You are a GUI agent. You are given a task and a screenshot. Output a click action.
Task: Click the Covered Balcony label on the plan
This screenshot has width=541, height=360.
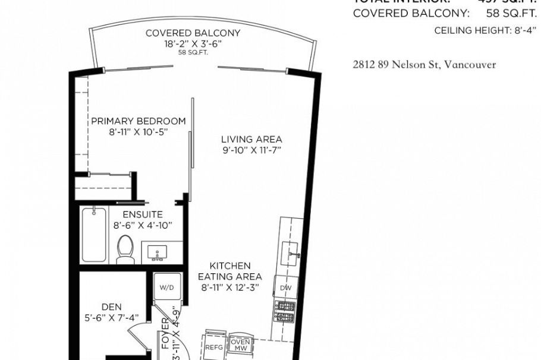point(193,33)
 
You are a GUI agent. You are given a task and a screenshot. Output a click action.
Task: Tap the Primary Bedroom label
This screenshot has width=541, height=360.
point(138,121)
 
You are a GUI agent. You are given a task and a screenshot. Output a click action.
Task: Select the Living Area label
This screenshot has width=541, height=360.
point(251,140)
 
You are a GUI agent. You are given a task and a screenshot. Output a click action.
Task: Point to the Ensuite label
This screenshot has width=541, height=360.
point(143,214)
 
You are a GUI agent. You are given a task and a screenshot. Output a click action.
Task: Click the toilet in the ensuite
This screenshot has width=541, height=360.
point(125,250)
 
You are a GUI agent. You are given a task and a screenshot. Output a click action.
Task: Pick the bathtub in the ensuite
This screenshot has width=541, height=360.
point(94,235)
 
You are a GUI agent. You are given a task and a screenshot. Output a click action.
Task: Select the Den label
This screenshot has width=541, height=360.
point(111,307)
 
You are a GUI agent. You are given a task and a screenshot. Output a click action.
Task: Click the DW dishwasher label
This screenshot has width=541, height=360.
point(287,288)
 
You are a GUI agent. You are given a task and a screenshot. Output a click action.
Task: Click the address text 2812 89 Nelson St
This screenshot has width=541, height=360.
point(424,65)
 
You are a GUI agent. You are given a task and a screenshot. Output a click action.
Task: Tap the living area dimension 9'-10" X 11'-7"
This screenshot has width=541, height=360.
point(251,150)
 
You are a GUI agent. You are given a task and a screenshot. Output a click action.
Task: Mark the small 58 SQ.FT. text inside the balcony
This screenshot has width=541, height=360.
point(193,53)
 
